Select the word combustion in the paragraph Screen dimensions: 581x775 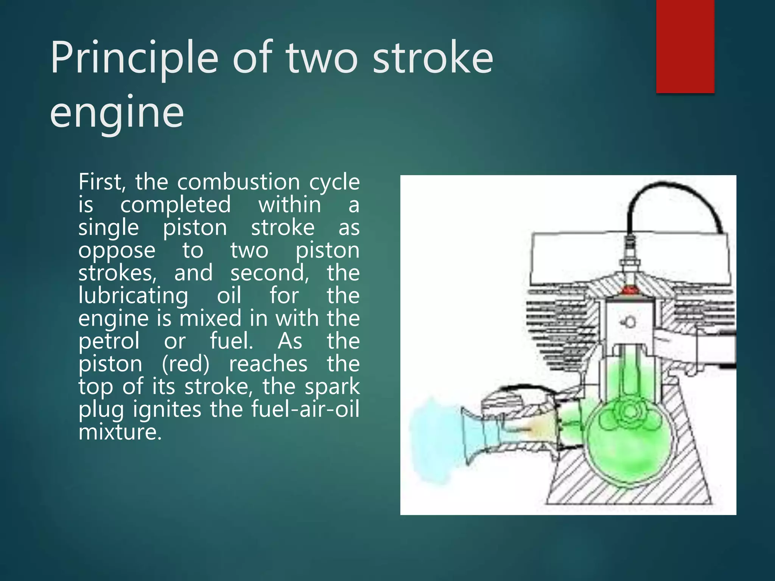(x=238, y=182)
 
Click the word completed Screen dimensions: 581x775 (x=175, y=205)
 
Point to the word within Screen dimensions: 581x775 (x=289, y=205)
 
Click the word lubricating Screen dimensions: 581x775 (x=133, y=295)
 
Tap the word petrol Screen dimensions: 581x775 (x=109, y=342)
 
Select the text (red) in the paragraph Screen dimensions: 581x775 (x=185, y=364)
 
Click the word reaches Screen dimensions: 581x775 (x=268, y=364)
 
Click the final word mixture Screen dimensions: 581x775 (x=120, y=432)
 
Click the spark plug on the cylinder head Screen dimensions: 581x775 (x=630, y=261)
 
